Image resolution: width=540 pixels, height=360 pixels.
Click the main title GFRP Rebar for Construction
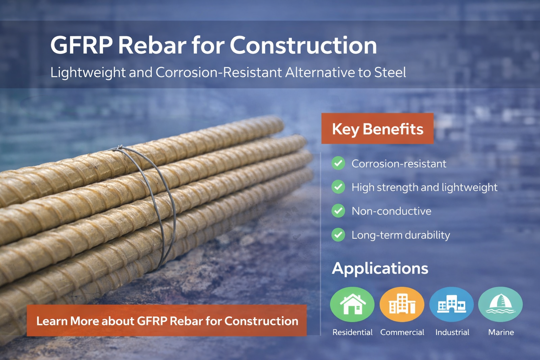point(213,45)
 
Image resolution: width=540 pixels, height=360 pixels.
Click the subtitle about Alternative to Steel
point(228,72)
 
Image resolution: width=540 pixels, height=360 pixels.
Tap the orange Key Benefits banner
point(377,129)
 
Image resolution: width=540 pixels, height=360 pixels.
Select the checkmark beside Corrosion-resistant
point(338,163)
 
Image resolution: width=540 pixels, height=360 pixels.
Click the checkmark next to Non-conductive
point(338,211)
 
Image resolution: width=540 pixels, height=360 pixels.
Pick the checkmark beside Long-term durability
point(338,235)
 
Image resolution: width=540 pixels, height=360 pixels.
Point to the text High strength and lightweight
point(424,187)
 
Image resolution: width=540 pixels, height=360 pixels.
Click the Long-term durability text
point(401,235)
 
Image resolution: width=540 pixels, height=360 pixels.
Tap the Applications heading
point(380,268)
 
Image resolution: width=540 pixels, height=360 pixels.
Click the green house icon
point(352,304)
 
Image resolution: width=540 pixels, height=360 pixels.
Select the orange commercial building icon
point(402,304)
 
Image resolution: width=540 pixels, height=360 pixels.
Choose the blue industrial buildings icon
point(451,304)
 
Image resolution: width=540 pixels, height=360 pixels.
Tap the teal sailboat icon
point(501,304)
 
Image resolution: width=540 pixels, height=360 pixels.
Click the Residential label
point(352,332)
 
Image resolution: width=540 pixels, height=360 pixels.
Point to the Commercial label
point(402,332)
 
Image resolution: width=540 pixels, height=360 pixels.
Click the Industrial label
point(452,332)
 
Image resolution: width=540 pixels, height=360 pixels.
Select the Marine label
point(501,332)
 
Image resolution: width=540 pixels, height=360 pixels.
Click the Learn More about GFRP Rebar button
point(167,321)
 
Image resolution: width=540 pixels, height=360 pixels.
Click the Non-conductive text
point(391,211)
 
